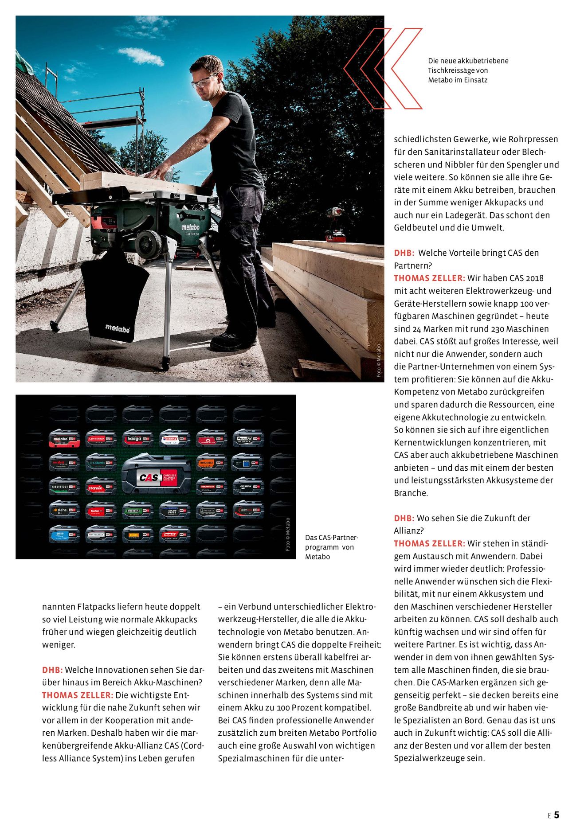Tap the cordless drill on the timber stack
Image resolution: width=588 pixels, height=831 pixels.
pyautogui.click(x=335, y=224)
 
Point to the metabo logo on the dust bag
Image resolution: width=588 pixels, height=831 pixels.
pyautogui.click(x=118, y=328)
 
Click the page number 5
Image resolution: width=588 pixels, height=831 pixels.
pyautogui.click(x=557, y=815)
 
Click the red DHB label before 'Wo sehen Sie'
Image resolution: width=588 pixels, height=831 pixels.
pyautogui.click(x=404, y=518)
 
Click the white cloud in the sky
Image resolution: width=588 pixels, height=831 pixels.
pyautogui.click(x=141, y=56)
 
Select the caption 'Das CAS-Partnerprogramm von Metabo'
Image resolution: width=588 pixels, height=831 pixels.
pyautogui.click(x=331, y=547)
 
